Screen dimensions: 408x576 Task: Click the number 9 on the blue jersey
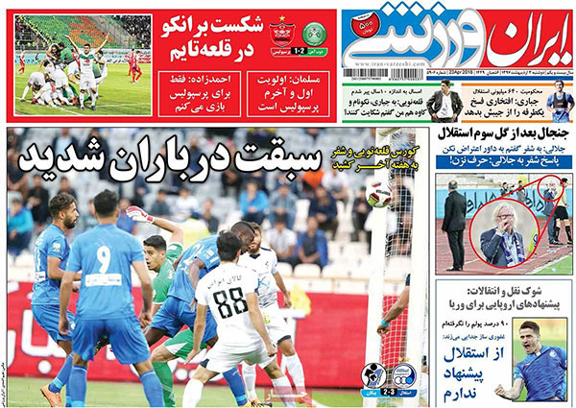104,273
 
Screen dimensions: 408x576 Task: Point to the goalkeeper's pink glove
135,213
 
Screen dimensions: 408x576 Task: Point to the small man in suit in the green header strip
444,101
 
